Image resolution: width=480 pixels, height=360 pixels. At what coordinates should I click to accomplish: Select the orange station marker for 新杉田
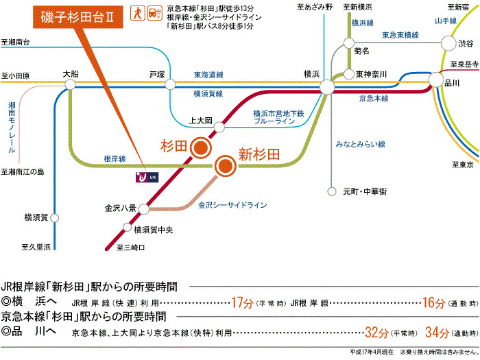pyautogui.click(x=224, y=165)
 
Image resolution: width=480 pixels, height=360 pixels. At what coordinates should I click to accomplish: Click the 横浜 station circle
pyautogui.click(x=327, y=87)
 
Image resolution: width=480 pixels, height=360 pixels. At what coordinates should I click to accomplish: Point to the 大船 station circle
pyautogui.click(x=70, y=84)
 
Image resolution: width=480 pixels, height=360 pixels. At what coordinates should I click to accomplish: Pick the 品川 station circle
pyautogui.click(x=436, y=81)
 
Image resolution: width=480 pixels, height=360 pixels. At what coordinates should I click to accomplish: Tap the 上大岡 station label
pyautogui.click(x=203, y=121)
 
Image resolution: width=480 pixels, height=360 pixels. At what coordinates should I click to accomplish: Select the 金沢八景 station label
pyautogui.click(x=120, y=206)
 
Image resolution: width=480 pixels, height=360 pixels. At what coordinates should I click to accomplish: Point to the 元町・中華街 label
pyautogui.click(x=365, y=192)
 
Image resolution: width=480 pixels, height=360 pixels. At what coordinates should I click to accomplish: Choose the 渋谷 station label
pyautogui.click(x=465, y=43)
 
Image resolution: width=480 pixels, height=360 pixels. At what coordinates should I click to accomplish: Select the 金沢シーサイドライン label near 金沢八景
pyautogui.click(x=232, y=204)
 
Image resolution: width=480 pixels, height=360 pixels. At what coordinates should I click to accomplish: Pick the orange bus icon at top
pyautogui.click(x=152, y=14)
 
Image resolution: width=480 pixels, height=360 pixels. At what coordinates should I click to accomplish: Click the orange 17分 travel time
pyautogui.click(x=243, y=302)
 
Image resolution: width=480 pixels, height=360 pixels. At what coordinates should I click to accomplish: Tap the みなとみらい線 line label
pyautogui.click(x=361, y=145)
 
